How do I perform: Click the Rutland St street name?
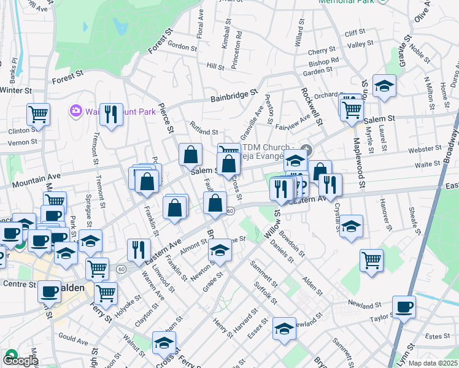pos(204,132)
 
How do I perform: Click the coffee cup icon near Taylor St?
pos(404,307)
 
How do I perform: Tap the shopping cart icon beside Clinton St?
pos(38,114)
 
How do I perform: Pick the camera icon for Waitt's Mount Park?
pos(76,110)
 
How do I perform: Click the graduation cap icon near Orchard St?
pos(385,86)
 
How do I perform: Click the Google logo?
pos(20,360)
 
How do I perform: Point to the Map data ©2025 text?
pos(433,363)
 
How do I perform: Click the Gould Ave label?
pos(74,338)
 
